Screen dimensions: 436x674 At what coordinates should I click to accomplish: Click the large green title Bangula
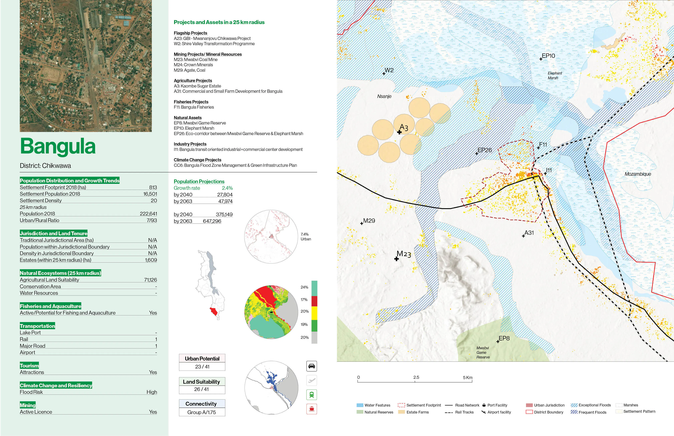pos(58,147)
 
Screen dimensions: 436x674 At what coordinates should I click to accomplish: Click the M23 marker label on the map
pos(404,254)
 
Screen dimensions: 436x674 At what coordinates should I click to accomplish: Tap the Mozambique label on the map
pos(638,174)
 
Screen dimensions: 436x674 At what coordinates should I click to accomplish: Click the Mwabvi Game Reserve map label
pos(483,352)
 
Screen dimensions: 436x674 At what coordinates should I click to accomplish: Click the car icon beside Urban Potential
pos(311,366)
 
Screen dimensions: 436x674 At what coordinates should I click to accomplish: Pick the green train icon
pos(311,395)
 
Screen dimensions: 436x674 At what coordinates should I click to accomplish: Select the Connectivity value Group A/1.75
pos(202,412)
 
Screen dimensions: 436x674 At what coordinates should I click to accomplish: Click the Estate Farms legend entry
pos(417,412)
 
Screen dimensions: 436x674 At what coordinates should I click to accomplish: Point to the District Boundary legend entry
pos(548,412)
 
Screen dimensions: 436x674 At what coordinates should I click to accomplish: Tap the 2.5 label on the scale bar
pos(416,377)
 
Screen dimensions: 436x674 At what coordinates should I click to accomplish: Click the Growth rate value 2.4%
pos(227,188)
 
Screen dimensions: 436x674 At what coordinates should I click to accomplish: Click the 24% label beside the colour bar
pos(304,287)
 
